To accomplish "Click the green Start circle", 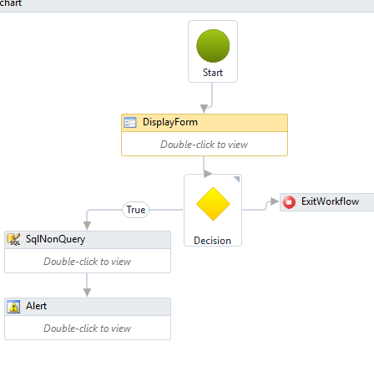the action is (x=213, y=46).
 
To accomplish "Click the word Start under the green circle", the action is (x=213, y=73).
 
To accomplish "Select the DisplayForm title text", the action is (x=170, y=122).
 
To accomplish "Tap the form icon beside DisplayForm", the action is (x=130, y=123).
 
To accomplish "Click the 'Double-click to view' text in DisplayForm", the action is (x=204, y=145).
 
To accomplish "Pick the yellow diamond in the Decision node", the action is (x=213, y=204).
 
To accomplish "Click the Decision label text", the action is (x=212, y=241).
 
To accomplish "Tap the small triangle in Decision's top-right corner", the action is (x=237, y=179).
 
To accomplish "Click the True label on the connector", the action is (x=136, y=210).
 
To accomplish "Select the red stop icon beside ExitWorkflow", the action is (x=289, y=201).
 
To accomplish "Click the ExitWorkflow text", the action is (x=330, y=201).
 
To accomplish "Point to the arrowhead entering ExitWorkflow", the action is (x=275, y=201).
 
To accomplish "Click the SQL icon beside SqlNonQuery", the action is (x=13, y=239).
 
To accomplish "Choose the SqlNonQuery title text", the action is (x=55, y=239).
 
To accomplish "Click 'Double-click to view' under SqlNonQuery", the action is (x=87, y=262).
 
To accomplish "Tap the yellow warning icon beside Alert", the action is (x=13, y=307).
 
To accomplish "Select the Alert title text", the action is (x=36, y=306).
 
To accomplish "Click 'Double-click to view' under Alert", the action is (x=87, y=329).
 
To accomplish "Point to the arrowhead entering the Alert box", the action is (x=87, y=293).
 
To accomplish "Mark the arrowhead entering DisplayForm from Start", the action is (x=204, y=109).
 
